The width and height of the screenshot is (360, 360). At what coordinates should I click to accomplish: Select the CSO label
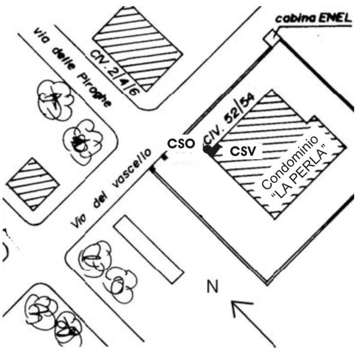point(180,143)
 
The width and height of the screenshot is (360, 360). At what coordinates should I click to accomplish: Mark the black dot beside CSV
point(208,151)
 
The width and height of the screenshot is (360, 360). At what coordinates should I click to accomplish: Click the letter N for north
point(212,287)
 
